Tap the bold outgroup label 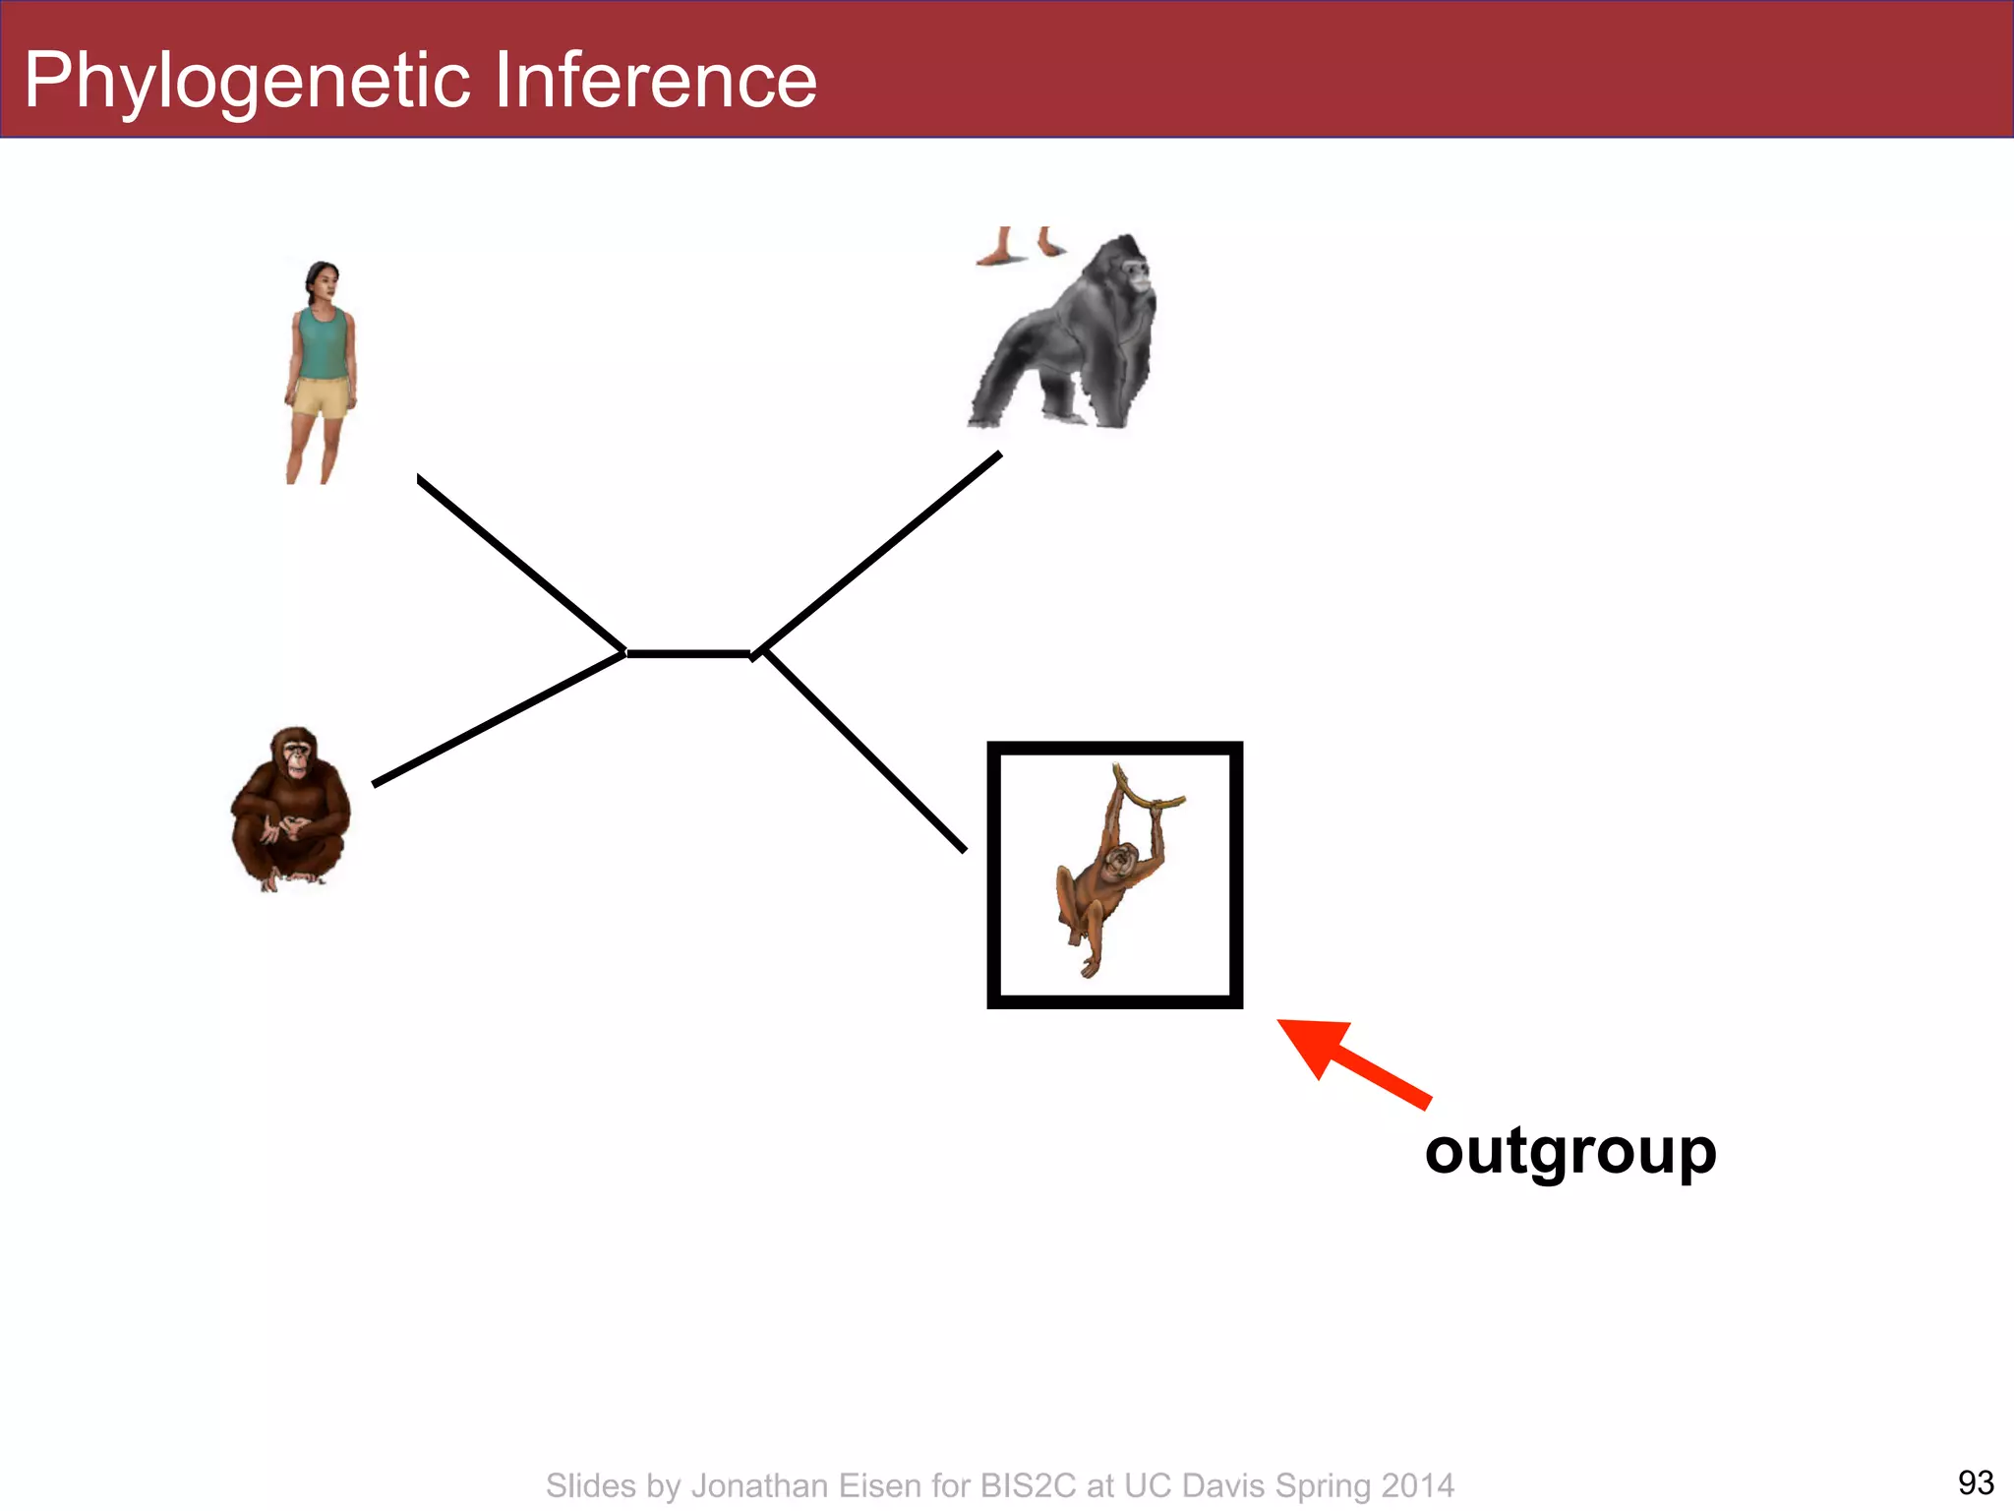click(1570, 1151)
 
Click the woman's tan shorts click(321, 397)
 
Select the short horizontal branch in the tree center click(688, 653)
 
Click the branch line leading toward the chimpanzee click(499, 719)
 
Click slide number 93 click(1976, 1481)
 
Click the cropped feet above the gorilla click(1021, 247)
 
